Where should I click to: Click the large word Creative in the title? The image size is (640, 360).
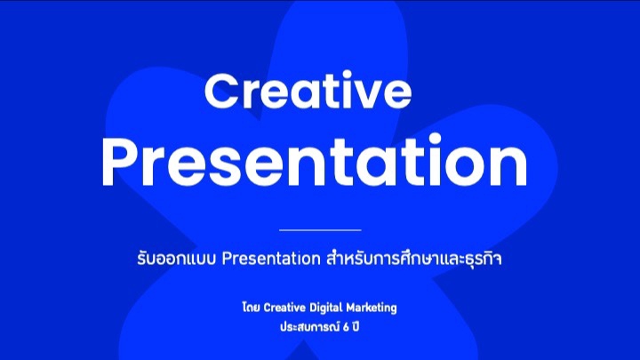click(309, 92)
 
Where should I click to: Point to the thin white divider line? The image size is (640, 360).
click(320, 229)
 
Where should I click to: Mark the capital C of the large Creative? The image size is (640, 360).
click(223, 92)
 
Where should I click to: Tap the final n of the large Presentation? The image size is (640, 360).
click(506, 165)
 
